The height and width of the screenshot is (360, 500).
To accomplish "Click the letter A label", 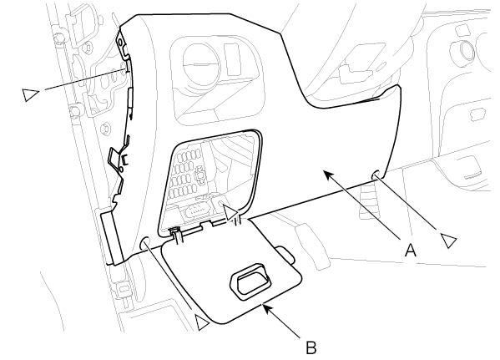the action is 411,250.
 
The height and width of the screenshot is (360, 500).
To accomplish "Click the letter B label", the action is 311,347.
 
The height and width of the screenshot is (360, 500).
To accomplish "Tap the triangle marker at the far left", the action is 30,94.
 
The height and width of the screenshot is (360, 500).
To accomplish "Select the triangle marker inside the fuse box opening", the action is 230,213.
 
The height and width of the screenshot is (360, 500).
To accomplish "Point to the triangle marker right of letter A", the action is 448,240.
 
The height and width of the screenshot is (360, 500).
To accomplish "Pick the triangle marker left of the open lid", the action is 202,323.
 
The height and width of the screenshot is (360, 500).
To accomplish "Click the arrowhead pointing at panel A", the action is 328,175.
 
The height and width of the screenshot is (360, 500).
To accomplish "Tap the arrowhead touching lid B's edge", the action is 267,308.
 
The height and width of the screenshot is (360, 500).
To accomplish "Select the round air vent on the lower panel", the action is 201,65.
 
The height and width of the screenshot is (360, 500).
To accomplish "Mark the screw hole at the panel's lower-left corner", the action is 144,244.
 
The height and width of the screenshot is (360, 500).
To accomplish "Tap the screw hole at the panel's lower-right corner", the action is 376,175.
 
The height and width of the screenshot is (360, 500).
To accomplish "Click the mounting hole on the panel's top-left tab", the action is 120,43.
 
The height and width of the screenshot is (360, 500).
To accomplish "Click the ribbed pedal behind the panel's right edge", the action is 369,200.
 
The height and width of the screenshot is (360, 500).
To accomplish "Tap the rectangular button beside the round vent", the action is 233,59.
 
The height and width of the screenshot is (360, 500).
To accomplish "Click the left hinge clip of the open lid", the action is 176,236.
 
